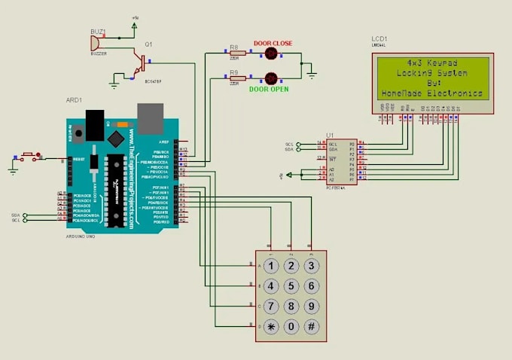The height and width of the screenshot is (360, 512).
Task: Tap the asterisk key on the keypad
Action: point(269,327)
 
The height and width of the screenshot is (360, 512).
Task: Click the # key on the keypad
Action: point(310,327)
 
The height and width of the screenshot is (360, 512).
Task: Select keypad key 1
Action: point(269,266)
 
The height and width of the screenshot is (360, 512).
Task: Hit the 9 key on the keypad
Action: point(310,307)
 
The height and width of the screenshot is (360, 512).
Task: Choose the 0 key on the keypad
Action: point(290,327)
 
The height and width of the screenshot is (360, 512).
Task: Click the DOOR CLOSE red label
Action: point(273,44)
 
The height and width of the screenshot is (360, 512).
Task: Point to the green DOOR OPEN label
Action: point(270,89)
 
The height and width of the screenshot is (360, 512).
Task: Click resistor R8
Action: point(237,53)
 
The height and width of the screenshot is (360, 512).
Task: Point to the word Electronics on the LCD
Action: point(455,93)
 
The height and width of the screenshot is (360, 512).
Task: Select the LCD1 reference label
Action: point(379,38)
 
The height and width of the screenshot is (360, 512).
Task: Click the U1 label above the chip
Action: point(330,135)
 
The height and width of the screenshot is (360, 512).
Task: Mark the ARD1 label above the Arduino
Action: point(74,99)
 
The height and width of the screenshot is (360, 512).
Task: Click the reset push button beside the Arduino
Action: point(30,157)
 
